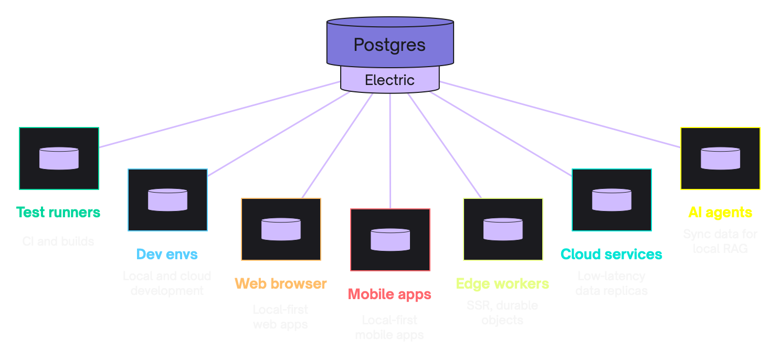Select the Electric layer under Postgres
[x=389, y=80]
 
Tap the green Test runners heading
[x=58, y=213]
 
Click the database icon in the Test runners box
[x=59, y=158]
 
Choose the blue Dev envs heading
[x=167, y=255]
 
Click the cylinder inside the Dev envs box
[x=167, y=200]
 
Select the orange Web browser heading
[x=281, y=284]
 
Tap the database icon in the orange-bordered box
[x=281, y=229]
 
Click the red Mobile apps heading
[x=389, y=294]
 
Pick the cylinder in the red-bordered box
[x=390, y=240]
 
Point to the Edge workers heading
[x=502, y=284]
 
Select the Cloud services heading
[x=612, y=255]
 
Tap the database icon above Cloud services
[x=612, y=200]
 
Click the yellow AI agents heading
[x=720, y=213]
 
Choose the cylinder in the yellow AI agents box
[x=720, y=158]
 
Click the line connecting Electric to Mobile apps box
[x=390, y=152]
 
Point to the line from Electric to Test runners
[x=220, y=114]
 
